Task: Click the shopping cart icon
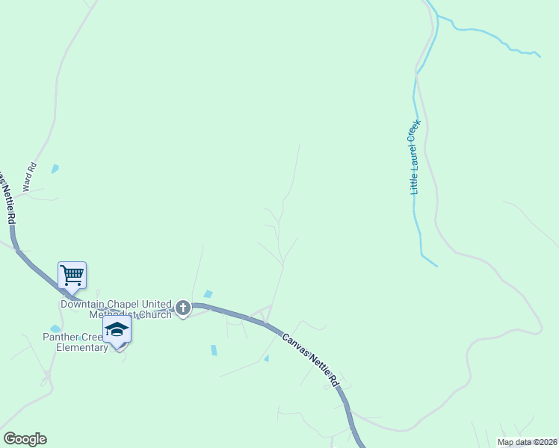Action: coord(72,274)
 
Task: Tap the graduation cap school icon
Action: coord(117,330)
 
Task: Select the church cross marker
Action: coord(183,308)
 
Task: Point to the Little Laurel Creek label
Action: coord(416,157)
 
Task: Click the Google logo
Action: coord(25,439)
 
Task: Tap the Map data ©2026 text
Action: coord(527,442)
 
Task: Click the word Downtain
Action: coord(84,305)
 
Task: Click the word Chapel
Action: coord(125,305)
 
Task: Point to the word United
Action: coord(158,305)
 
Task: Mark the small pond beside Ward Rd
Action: coord(55,169)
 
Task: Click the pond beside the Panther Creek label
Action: coord(55,329)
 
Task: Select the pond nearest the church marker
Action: coord(208,294)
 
